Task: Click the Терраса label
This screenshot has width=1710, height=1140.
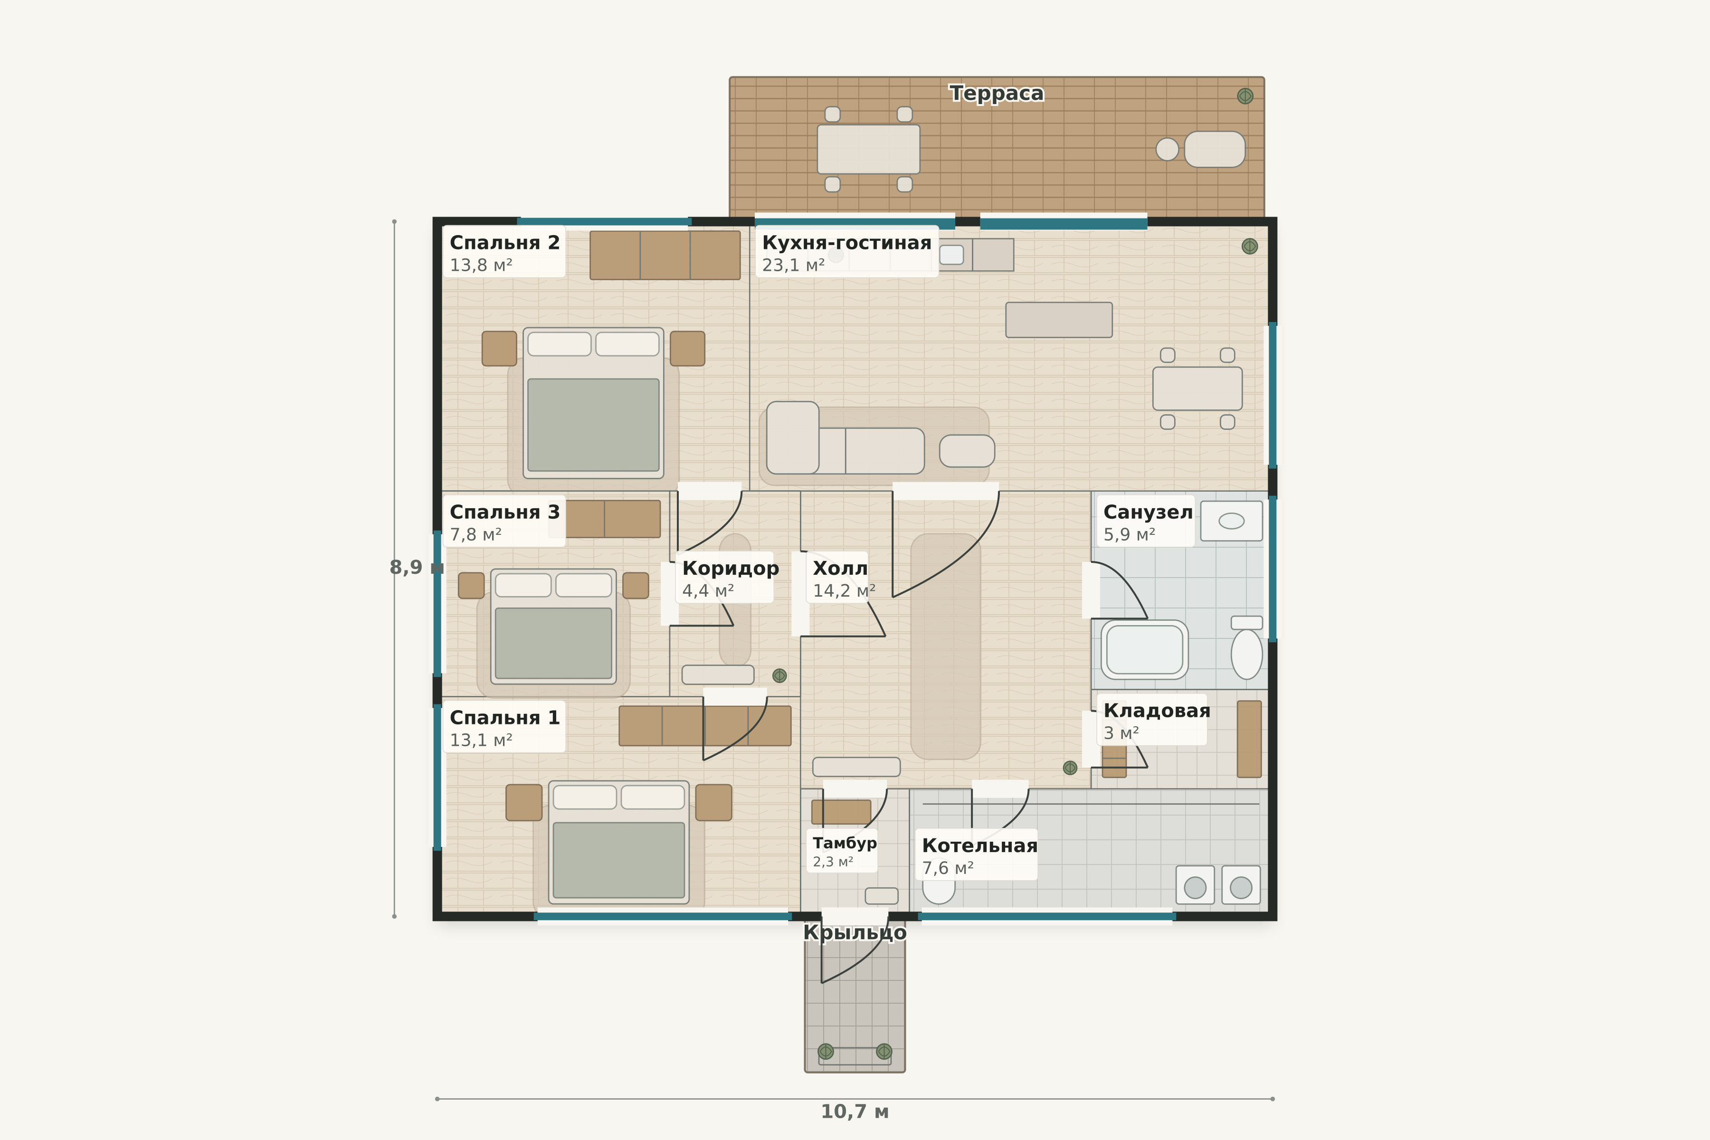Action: (996, 94)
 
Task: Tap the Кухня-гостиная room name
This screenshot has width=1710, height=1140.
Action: (846, 243)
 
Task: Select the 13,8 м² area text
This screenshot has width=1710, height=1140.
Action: (481, 266)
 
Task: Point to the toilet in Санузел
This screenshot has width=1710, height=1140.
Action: (1246, 648)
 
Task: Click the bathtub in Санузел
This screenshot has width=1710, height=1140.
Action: (1144, 649)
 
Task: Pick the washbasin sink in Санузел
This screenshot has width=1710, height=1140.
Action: (1231, 521)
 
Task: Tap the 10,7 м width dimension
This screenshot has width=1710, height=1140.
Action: (854, 1111)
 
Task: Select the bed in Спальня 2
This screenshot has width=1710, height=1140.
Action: (593, 403)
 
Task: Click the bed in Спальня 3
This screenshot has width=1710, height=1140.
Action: (553, 626)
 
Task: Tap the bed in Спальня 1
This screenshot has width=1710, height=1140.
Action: (619, 842)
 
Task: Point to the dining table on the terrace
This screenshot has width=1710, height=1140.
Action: (868, 149)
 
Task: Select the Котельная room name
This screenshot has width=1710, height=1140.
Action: (979, 845)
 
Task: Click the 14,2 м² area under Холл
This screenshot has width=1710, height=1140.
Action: (844, 591)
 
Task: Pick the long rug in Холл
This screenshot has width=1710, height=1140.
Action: (945, 646)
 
